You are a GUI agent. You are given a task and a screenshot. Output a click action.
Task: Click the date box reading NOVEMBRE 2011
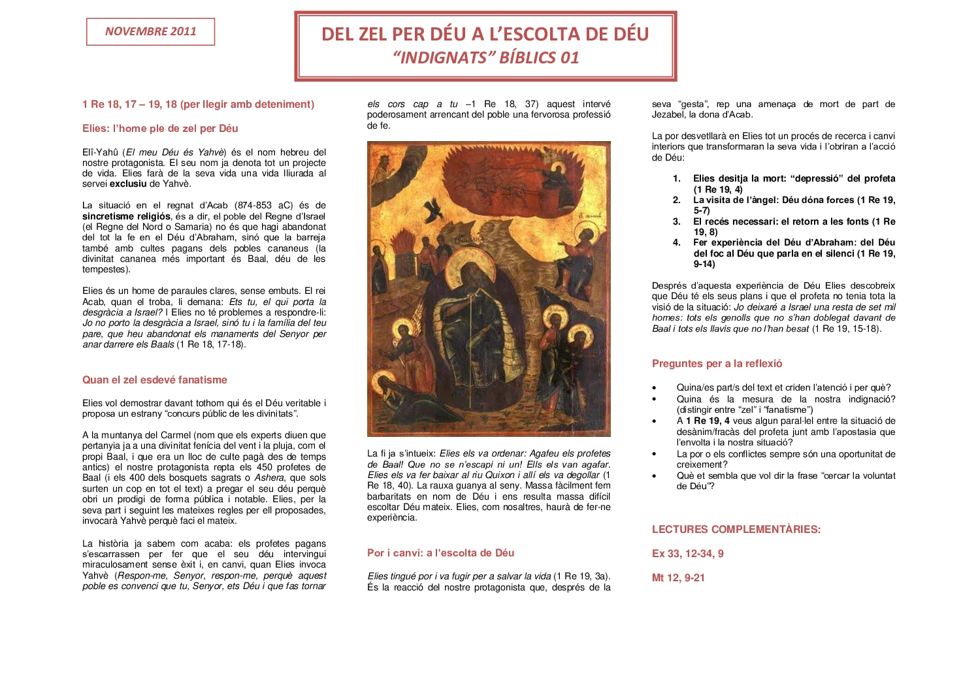pos(150,31)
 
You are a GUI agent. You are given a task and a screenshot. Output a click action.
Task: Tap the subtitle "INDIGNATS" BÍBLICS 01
pos(486,57)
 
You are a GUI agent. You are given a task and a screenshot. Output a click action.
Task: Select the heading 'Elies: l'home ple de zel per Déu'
pos(160,129)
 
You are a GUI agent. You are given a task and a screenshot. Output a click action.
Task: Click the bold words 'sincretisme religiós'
pos(126,216)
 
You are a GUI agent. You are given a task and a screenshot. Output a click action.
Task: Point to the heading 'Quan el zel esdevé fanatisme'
pos(155,380)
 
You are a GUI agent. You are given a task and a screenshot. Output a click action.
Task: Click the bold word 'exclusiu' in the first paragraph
pos(128,184)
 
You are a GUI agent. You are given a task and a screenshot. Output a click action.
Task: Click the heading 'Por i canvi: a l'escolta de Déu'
pos(440,553)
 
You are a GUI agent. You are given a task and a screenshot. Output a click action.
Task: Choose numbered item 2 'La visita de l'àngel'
pos(794,201)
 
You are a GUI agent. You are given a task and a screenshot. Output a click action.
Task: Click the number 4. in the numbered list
pos(677,243)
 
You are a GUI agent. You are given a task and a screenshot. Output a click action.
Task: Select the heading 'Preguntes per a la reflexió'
pos(717,364)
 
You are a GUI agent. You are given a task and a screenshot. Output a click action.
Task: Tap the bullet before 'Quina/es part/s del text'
pos(654,388)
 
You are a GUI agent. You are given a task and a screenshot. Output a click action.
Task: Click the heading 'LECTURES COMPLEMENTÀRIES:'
pos(736,530)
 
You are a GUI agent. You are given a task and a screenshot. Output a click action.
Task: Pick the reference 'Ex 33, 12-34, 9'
pos(687,554)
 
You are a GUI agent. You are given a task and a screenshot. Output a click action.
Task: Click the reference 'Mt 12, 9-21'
pos(678,578)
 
